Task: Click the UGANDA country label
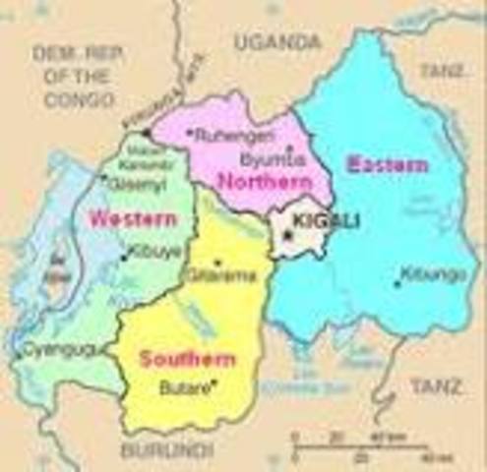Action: [x=277, y=42]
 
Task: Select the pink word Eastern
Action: [x=388, y=165]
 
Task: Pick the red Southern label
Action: [x=187, y=359]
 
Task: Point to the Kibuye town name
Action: [x=155, y=252]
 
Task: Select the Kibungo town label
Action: [x=433, y=274]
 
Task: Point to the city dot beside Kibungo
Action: [x=397, y=284]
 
